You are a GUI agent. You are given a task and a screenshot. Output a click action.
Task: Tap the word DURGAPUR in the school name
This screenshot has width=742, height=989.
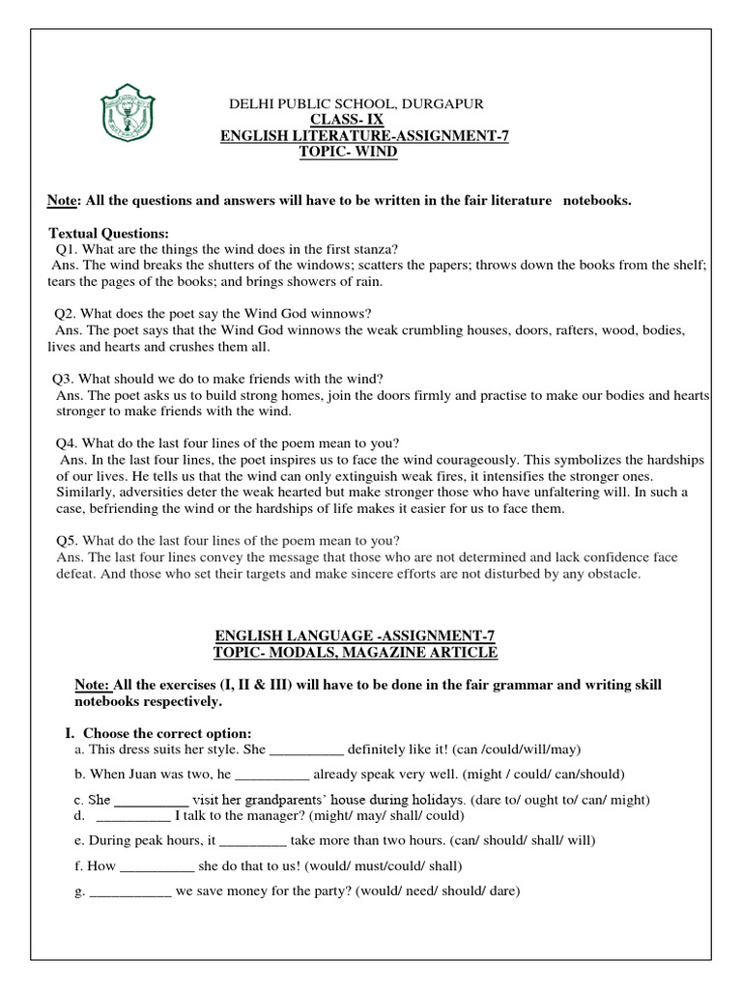click(443, 103)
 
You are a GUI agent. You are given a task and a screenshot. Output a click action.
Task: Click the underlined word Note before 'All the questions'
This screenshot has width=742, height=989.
click(63, 201)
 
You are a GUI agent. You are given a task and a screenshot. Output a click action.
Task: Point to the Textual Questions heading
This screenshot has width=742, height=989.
click(108, 233)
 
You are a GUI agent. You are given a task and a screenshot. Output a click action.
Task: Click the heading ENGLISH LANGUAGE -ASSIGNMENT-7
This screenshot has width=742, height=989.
click(355, 636)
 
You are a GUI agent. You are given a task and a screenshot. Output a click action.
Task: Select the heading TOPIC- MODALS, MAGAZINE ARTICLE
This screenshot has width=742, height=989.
click(355, 653)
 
